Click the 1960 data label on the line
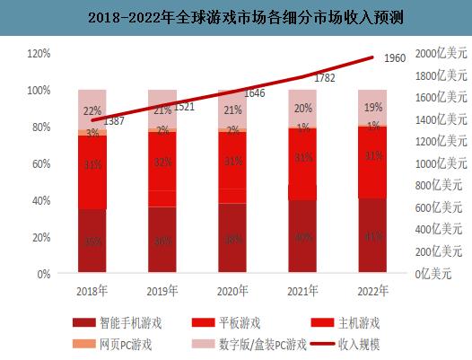[x=395, y=58]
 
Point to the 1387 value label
[x=115, y=120]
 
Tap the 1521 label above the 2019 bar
[x=184, y=106]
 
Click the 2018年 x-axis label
[x=92, y=290]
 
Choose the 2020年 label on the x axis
[x=232, y=290]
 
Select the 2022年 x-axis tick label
[x=371, y=290]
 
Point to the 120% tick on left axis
[x=38, y=54]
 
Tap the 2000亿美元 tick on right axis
[x=441, y=54]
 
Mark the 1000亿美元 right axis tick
[x=441, y=164]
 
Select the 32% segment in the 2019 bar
[x=162, y=162]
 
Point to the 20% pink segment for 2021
[x=302, y=107]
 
